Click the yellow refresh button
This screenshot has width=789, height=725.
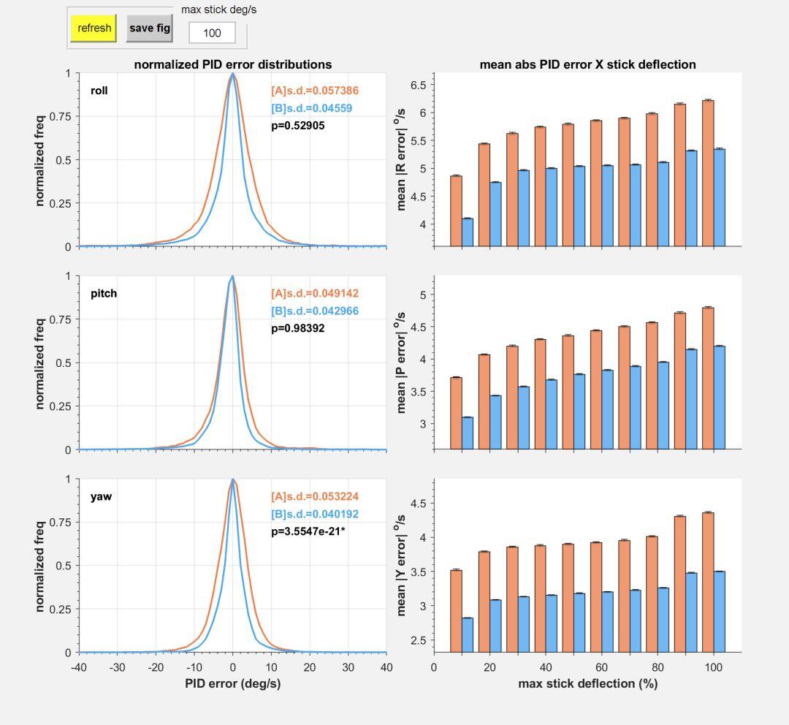tap(94, 29)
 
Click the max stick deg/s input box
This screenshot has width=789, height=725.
tap(212, 33)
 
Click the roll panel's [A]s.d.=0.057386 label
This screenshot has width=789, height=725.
tap(315, 91)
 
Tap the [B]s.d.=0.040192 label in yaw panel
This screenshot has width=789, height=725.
tap(315, 514)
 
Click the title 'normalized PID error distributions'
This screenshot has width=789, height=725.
tap(232, 64)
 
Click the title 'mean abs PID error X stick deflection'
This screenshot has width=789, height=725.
tap(587, 64)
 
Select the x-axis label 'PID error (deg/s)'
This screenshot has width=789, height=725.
tap(232, 683)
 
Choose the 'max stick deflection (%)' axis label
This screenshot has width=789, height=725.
tap(587, 683)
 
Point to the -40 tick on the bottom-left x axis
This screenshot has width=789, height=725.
tap(78, 667)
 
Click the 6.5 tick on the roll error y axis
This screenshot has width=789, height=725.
tap(419, 86)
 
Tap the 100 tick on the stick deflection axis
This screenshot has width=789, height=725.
tap(714, 667)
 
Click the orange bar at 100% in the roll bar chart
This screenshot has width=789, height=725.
tap(708, 173)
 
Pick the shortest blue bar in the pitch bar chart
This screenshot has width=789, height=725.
tap(468, 433)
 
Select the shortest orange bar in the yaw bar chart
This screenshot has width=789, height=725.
tap(456, 610)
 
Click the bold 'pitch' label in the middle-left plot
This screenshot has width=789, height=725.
tap(104, 293)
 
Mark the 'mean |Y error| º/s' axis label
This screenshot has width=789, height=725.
tap(400, 565)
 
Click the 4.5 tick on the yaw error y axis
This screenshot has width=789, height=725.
tap(419, 504)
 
